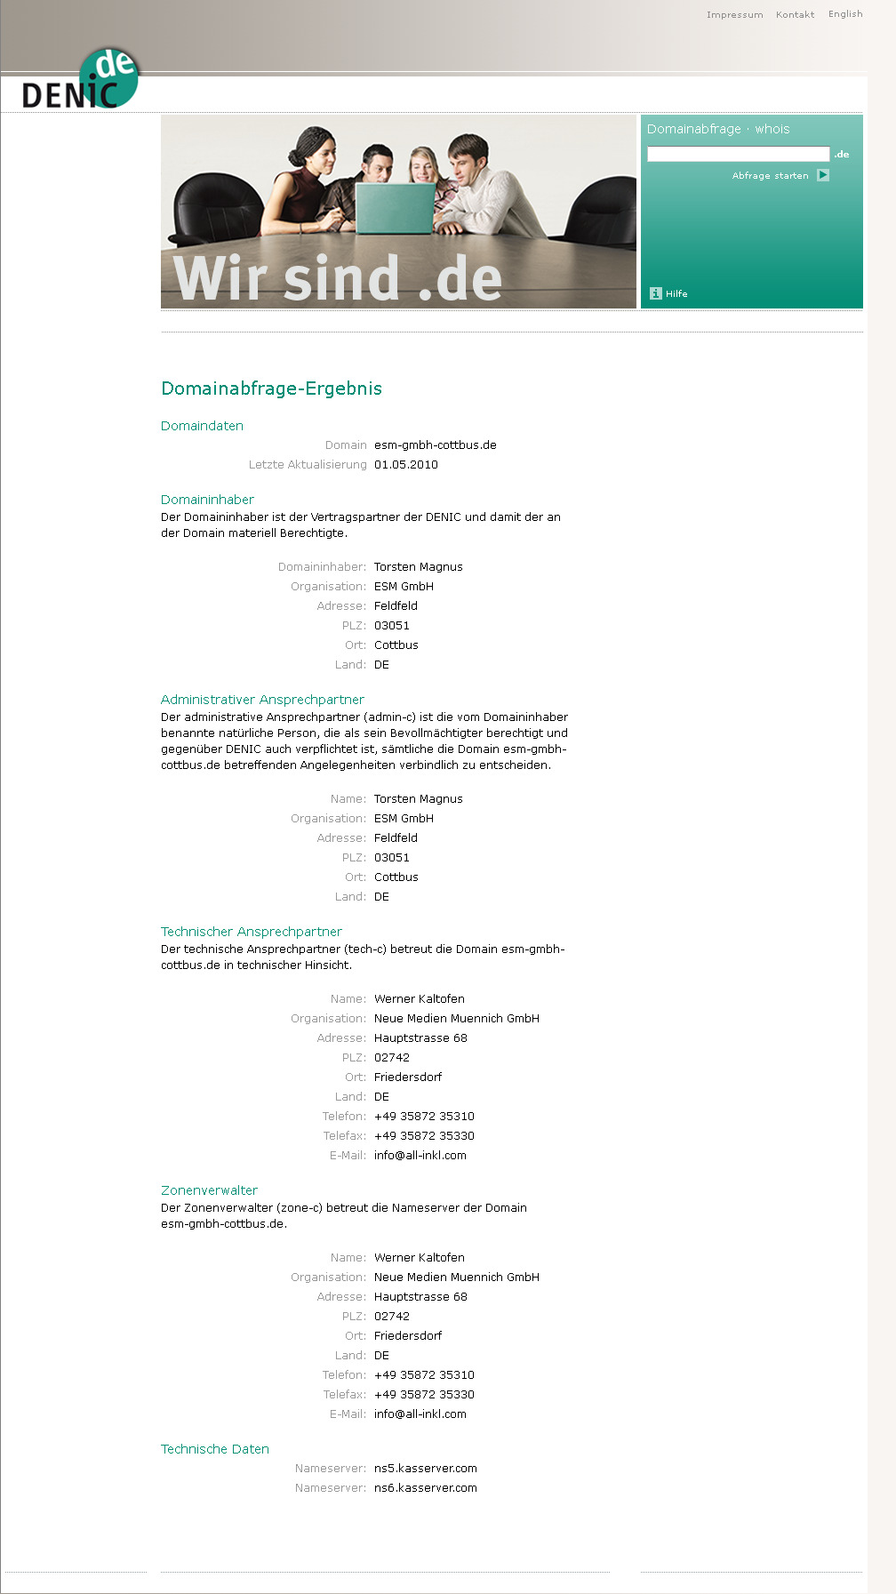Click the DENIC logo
81,80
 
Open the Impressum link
734,15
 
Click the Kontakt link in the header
795,15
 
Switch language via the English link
845,14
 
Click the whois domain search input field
738,154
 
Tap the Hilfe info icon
656,293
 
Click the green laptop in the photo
396,208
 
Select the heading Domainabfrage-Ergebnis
271,388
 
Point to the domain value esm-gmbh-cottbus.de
435,445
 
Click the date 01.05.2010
405,465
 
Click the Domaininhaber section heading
207,500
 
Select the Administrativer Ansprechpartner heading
262,700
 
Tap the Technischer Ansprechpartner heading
251,932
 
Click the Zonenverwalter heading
209,1190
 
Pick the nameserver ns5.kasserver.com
425,1469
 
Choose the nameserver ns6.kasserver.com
425,1488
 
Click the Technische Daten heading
214,1449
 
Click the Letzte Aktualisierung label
308,465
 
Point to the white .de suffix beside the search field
841,155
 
